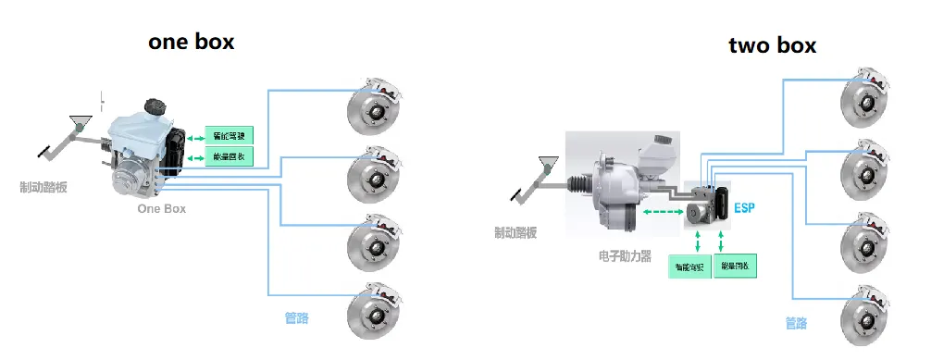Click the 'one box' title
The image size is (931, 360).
[x=192, y=41]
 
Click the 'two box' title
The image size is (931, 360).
[x=773, y=45]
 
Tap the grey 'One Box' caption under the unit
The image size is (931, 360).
[x=161, y=209]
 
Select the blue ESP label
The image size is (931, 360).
[x=745, y=208]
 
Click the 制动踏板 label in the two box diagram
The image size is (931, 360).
[x=515, y=232]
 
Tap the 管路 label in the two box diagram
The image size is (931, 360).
[x=796, y=323]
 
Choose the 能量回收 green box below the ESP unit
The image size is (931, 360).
[x=737, y=267]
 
